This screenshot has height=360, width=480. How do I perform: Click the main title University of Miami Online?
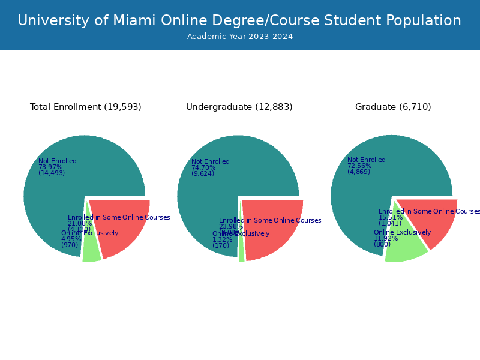pyautogui.click(x=239, y=20)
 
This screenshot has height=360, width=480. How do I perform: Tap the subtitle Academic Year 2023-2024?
pyautogui.click(x=239, y=37)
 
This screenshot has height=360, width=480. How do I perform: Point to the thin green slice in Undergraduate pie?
pyautogui.click(x=241, y=252)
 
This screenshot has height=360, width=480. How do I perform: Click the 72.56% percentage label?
pyautogui.click(x=359, y=166)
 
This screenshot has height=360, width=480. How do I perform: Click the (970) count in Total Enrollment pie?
pyautogui.click(x=70, y=245)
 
